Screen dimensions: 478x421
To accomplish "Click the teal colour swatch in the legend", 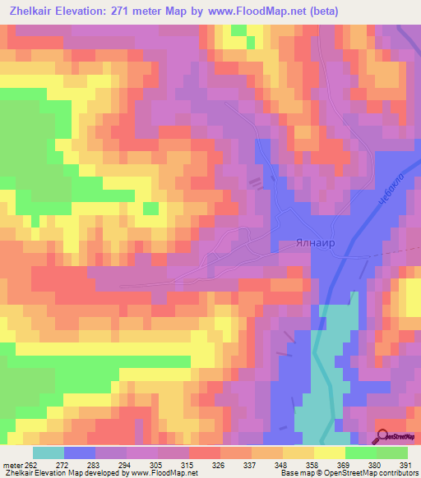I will pyautogui.click(x=49, y=453).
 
